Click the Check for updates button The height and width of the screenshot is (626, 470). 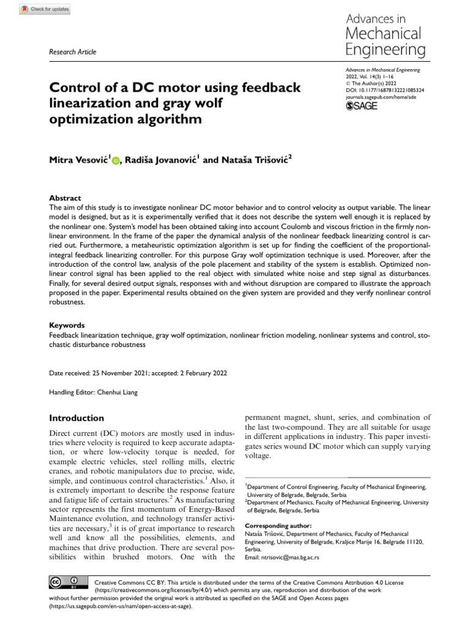coord(46,9)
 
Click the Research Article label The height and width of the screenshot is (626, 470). coord(72,52)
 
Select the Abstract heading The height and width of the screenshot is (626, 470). coord(65,198)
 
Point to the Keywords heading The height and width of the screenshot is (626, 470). coord(67,325)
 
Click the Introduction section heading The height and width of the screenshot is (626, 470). coord(76,418)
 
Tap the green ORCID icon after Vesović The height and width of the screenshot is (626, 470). coord(117,161)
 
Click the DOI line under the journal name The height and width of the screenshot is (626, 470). coord(386,89)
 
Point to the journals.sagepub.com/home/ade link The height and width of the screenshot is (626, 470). coord(381,96)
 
